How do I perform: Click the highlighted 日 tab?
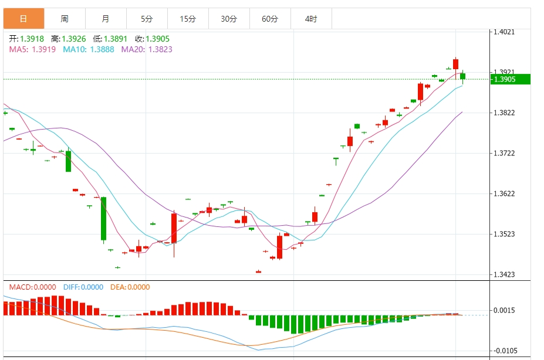(23, 19)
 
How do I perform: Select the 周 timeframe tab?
(65, 19)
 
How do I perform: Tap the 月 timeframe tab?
(106, 19)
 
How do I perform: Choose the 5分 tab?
(147, 19)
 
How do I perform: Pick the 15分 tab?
(188, 19)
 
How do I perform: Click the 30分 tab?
(229, 19)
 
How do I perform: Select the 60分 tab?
(270, 19)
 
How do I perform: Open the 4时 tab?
(311, 19)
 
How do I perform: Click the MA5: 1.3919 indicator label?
(32, 49)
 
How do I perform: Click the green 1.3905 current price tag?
(511, 79)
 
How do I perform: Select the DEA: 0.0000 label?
(130, 287)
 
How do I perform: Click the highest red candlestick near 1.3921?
(455, 64)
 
